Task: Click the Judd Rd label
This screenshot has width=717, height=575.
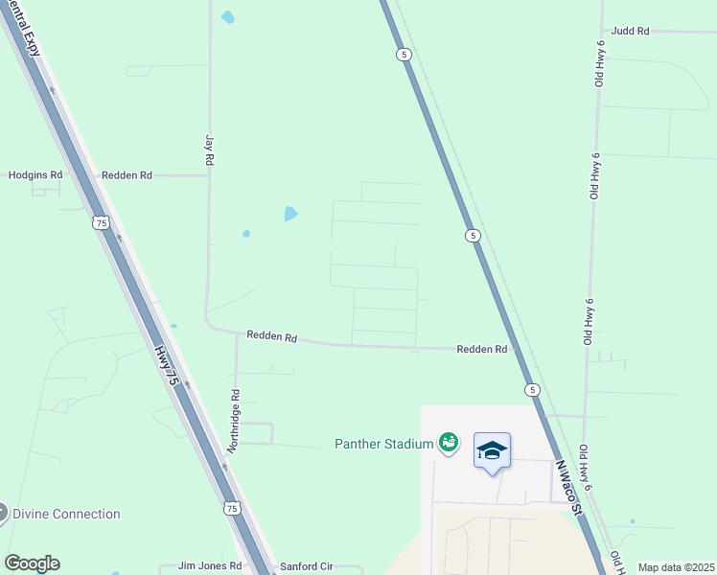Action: click(630, 31)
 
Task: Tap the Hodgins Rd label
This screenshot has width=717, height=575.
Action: click(35, 175)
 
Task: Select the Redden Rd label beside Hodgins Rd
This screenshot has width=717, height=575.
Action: click(127, 175)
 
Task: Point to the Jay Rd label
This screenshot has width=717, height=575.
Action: click(208, 151)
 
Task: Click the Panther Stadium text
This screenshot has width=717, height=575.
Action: click(382, 443)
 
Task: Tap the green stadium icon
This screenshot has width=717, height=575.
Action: click(447, 442)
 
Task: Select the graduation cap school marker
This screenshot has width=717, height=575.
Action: click(492, 450)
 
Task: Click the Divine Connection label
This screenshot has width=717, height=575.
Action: click(66, 514)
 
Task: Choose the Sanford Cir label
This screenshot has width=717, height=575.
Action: click(305, 566)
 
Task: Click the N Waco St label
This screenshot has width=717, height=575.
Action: click(569, 488)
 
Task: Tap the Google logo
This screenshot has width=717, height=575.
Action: click(32, 563)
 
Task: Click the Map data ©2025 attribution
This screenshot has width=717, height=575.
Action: click(676, 567)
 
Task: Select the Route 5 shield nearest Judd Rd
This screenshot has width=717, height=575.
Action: click(405, 56)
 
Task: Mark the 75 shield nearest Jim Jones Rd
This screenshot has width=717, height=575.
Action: click(232, 509)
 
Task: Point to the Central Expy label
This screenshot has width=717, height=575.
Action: click(28, 28)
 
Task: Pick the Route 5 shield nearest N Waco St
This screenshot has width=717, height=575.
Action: click(532, 389)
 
